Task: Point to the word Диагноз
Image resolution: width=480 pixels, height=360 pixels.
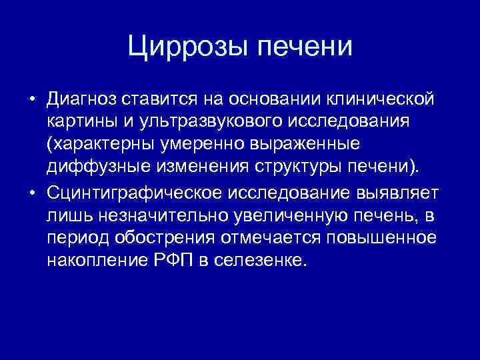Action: pyautogui.click(x=82, y=100)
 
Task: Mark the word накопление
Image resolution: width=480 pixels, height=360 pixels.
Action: pyautogui.click(x=94, y=260)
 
